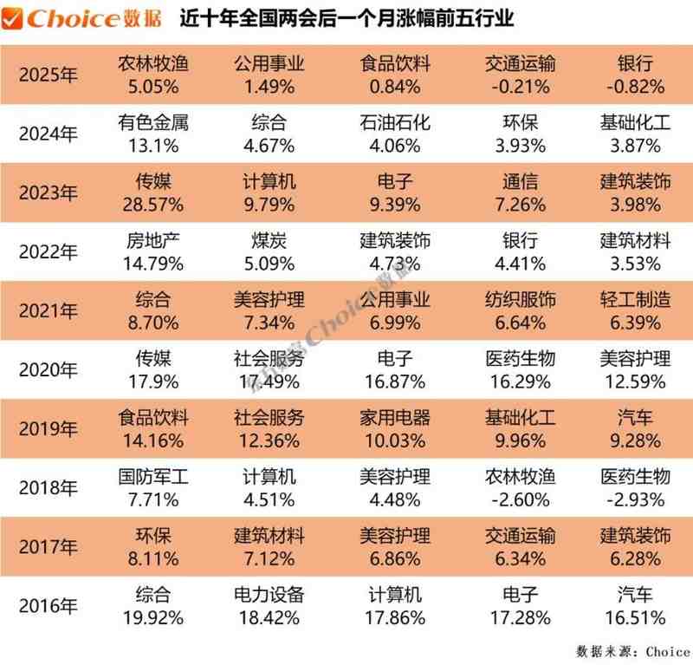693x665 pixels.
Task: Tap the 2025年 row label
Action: click(49, 75)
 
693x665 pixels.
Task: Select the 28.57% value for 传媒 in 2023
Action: click(152, 205)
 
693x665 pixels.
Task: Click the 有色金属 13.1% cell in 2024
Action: click(152, 133)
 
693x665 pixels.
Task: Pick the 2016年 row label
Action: click(49, 605)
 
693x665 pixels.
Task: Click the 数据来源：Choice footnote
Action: click(632, 650)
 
